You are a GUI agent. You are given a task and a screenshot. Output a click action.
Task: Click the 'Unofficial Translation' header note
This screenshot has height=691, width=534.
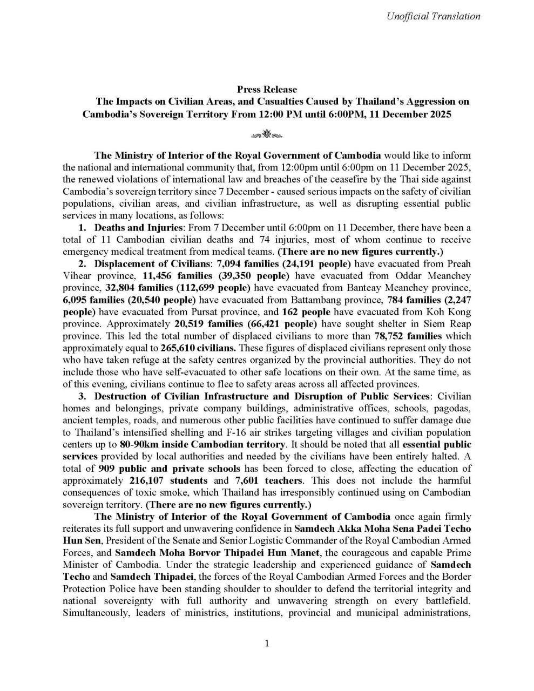pos(433,16)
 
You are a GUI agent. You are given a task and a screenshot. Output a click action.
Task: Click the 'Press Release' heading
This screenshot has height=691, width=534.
pos(267,89)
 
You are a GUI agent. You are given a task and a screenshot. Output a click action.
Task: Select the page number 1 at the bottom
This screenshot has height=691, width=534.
pos(267,643)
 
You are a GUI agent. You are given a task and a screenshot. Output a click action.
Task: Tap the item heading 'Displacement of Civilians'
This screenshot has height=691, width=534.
pos(152,264)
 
